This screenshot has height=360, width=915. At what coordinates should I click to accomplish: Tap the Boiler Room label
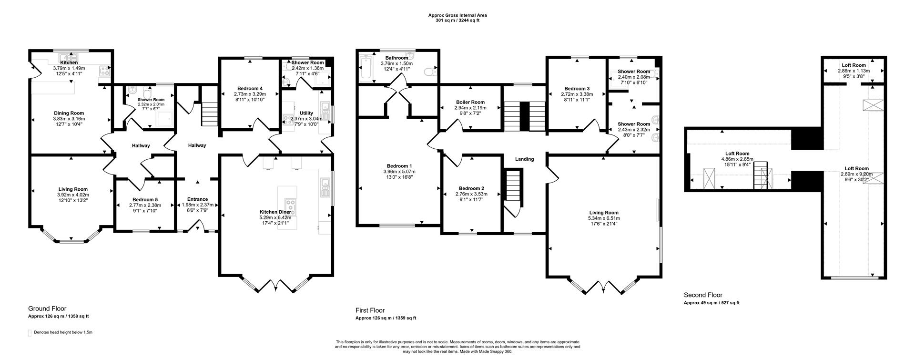470,103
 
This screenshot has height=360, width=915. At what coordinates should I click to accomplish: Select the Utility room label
306,113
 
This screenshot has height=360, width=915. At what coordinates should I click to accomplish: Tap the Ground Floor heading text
47,309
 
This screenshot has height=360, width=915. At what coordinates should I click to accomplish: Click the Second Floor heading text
703,295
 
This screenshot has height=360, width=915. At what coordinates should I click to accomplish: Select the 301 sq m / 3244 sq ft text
457,21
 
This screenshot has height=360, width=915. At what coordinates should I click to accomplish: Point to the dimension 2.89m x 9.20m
856,174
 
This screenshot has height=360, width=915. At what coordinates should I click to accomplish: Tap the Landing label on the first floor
524,159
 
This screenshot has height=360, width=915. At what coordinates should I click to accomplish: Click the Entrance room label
197,199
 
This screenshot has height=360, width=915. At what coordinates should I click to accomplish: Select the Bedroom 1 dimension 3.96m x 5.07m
399,172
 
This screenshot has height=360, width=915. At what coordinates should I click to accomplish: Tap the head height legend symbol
30,332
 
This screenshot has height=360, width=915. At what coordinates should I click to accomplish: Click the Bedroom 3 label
577,89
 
